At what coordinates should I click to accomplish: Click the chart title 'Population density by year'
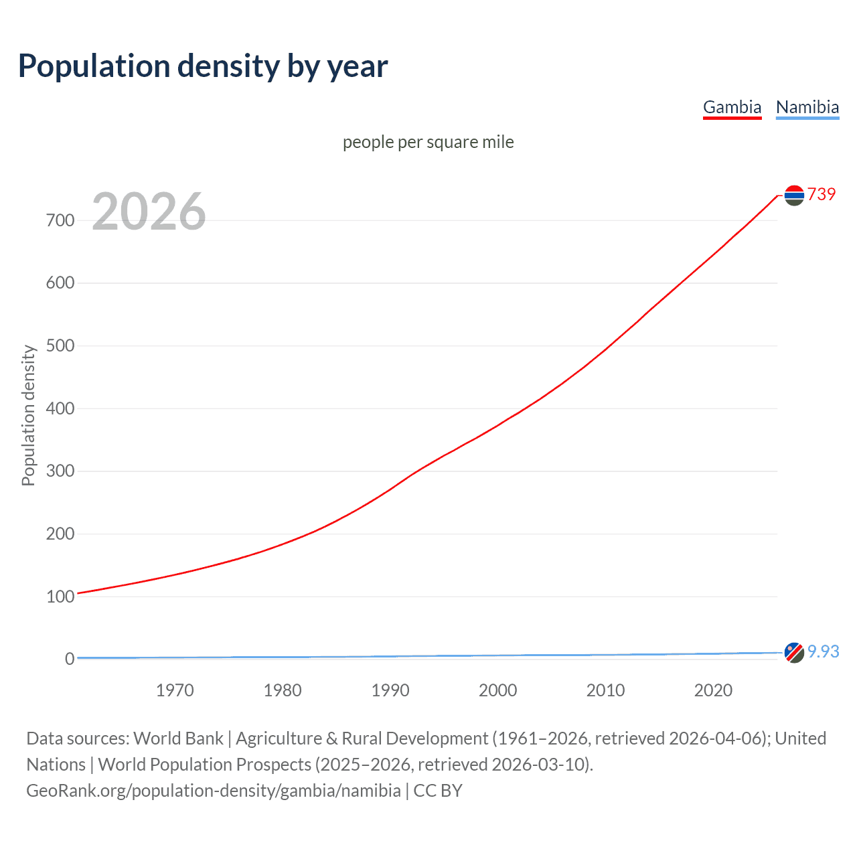pos(203,66)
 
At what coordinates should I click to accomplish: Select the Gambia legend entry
pos(732,107)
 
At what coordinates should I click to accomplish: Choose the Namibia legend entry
pos(807,107)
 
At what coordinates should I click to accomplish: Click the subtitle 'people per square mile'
pos(428,142)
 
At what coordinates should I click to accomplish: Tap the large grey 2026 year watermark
pos(149,212)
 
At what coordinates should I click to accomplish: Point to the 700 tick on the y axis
pos(60,220)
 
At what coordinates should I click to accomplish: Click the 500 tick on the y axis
pos(60,346)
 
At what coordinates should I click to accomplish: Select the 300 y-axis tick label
pos(60,471)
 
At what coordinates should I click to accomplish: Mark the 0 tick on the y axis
pos(69,659)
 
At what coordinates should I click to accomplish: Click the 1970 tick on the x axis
pos(175,690)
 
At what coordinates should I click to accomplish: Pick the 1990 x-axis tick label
pos(390,690)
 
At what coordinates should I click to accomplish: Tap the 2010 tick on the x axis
pos(605,690)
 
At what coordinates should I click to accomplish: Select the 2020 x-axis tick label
pos(713,690)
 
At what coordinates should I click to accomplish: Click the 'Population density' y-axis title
pos(28,415)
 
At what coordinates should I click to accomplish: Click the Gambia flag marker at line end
pos(794,196)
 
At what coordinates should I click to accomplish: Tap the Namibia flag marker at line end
pos(794,652)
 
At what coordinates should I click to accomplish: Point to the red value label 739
pos(822,194)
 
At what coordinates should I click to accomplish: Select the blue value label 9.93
pos(824,651)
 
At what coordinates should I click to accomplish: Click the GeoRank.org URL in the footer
pos(214,791)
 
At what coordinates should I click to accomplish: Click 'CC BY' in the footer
pos(438,791)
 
